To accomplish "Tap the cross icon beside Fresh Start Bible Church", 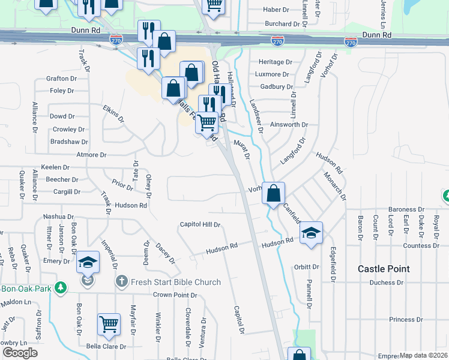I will point(121,281).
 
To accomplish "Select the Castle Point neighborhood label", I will point(384,269).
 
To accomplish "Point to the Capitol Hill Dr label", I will point(200,224).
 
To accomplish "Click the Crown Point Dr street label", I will point(175,295).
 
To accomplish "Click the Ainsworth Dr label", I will point(289,125).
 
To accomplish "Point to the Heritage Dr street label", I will point(275,62).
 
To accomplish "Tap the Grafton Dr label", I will point(61,79).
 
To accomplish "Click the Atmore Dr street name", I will point(91,155).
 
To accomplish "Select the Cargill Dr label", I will point(67,192).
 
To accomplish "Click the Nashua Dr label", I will point(58,217).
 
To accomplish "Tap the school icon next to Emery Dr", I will point(88,262).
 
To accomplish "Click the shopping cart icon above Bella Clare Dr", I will point(109,325).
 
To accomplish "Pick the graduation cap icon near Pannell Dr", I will point(311,233).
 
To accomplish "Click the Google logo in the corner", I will point(19,353).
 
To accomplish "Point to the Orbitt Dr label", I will point(306,267).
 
